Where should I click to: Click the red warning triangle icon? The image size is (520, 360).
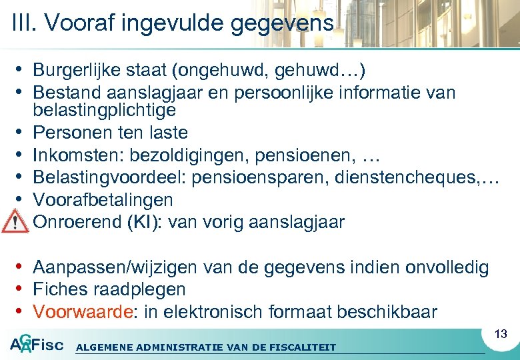13,219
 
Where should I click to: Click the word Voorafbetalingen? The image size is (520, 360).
103,199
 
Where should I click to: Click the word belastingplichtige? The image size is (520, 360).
104,109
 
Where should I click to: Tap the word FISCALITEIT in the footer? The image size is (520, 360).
303,347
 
